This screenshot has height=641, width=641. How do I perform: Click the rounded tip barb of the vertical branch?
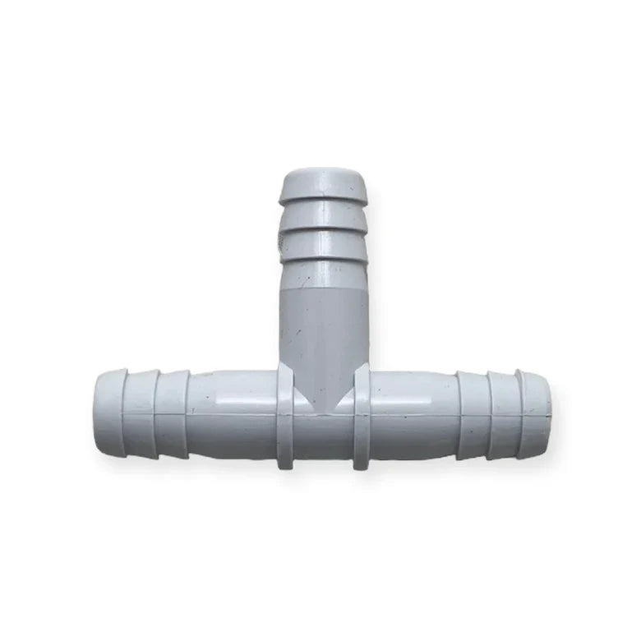[x=320, y=185]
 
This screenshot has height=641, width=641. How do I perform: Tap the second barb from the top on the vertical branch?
[x=320, y=216]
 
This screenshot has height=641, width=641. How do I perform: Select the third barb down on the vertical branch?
[x=320, y=245]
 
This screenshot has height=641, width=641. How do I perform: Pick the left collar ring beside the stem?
[x=285, y=417]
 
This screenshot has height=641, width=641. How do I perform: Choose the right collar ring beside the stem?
[x=361, y=417]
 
